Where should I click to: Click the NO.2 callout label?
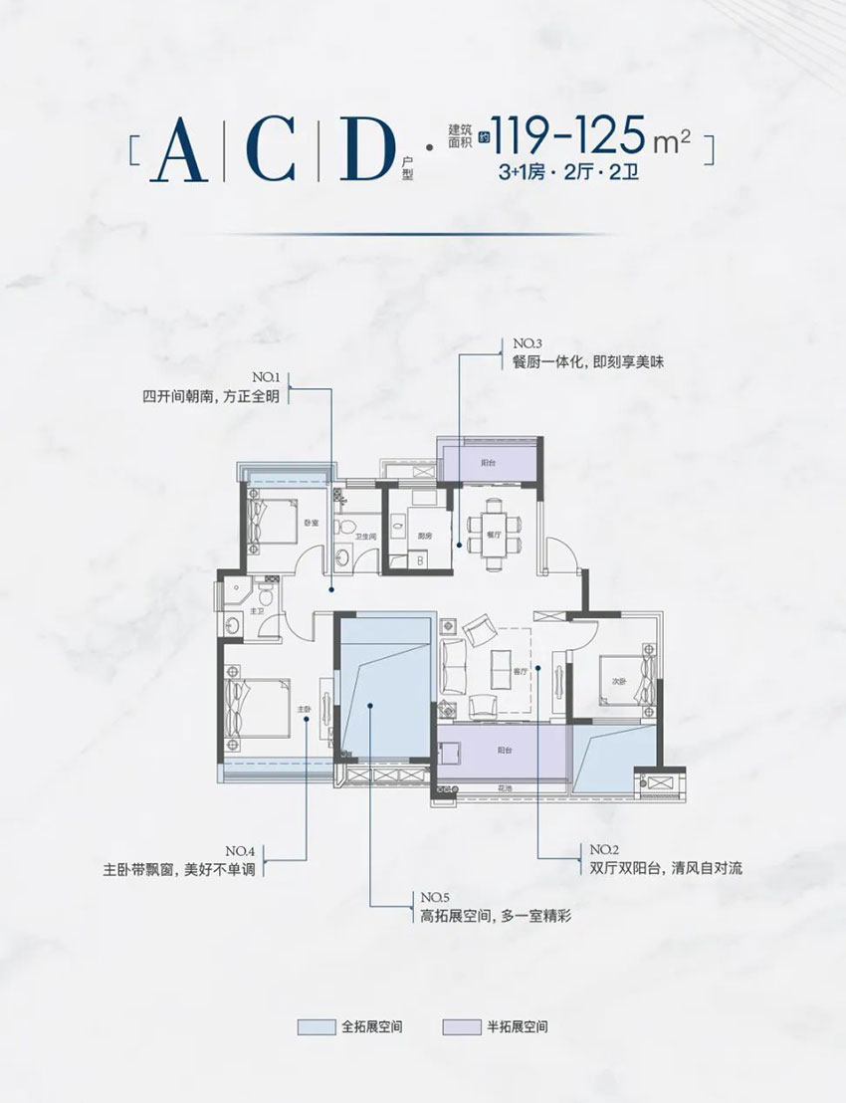coord(604,849)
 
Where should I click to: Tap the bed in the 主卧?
coord(255,710)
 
